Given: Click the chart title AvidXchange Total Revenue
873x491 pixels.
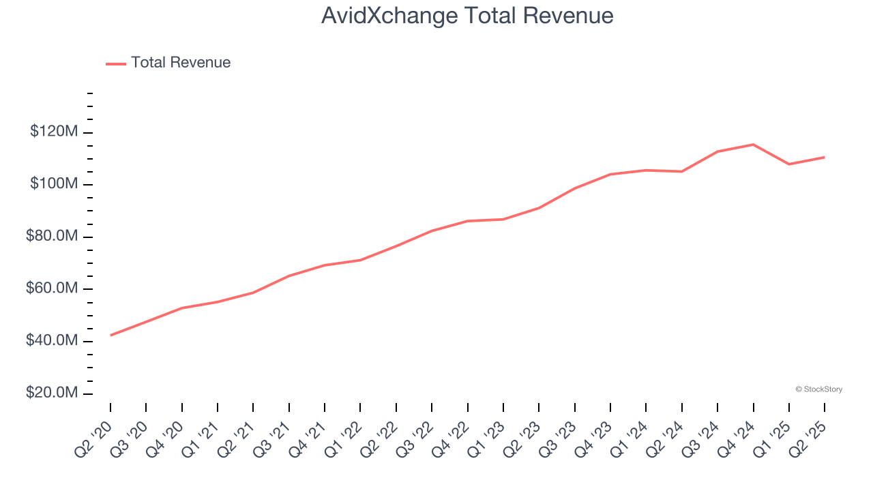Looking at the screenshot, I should click(x=467, y=16).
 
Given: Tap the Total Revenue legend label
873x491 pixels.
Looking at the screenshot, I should click(x=181, y=63).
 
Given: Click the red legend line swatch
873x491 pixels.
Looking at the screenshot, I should click(x=116, y=63).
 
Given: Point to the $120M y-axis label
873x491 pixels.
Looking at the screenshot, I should click(x=53, y=132).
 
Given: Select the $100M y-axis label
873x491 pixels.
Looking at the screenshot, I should click(x=53, y=184).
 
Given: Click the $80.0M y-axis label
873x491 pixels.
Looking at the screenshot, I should click(x=51, y=237).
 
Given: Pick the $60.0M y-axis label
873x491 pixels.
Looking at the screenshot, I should click(x=51, y=289).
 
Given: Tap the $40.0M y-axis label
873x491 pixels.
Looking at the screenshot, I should click(x=51, y=341).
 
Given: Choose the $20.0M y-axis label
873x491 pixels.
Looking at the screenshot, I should click(x=51, y=393).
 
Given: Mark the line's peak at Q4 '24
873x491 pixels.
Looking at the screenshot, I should click(x=753, y=145).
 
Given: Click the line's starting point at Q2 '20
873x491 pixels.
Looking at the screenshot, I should click(x=110, y=335).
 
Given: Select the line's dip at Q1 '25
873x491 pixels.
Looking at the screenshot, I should click(x=789, y=164).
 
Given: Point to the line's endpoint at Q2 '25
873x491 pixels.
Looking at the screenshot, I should click(x=825, y=158).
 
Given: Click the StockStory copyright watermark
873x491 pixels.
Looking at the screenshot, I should click(x=818, y=389).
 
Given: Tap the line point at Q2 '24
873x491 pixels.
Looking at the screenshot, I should click(x=682, y=171).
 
